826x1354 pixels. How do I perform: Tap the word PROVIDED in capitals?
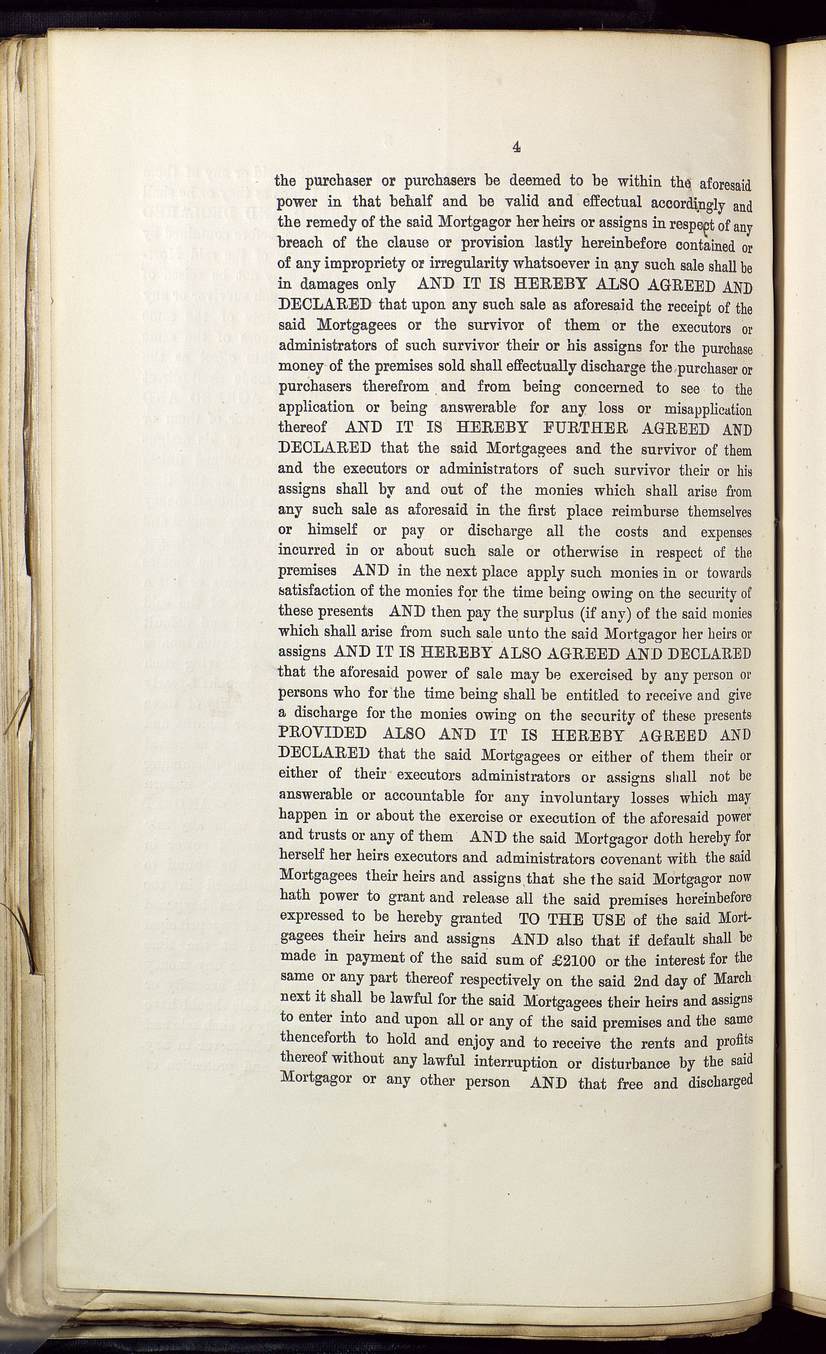pos(323,733)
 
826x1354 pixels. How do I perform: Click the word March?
pos(732,979)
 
